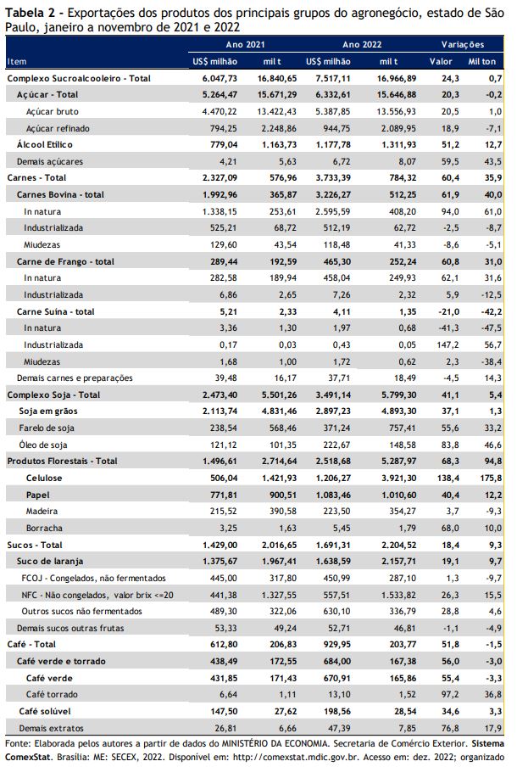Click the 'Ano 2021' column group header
tap(245, 45)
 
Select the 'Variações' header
tap(463, 45)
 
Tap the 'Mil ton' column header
tap(481, 62)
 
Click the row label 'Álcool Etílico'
tap(45, 145)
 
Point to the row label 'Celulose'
tap(44, 479)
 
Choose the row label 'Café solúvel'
tap(45, 712)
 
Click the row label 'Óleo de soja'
tap(43, 445)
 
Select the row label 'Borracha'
tap(44, 529)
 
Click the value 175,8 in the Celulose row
tap(491, 479)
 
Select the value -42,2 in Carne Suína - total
tap(492, 312)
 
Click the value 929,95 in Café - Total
tap(336, 645)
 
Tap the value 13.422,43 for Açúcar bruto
tap(276, 112)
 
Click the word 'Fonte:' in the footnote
tap(18, 744)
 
